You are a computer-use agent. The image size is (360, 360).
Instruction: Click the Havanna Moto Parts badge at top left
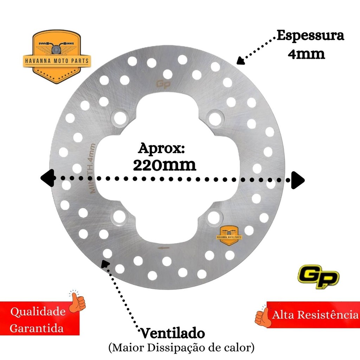(x=57, y=57)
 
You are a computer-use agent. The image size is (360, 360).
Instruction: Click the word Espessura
(x=310, y=36)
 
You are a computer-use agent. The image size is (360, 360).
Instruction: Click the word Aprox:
(x=161, y=148)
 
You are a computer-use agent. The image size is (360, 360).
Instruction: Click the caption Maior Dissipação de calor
(x=181, y=348)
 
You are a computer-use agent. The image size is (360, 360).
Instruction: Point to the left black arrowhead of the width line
(x=47, y=178)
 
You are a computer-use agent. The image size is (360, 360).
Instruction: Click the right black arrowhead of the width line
(x=297, y=180)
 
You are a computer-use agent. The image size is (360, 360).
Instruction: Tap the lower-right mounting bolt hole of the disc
(x=213, y=217)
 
